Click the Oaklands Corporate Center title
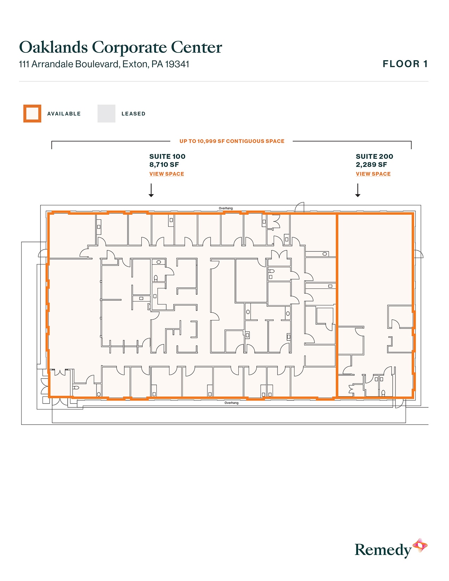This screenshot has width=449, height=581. tap(120, 48)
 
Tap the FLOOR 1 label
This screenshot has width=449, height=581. tap(405, 64)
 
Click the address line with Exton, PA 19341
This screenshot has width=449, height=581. tap(104, 64)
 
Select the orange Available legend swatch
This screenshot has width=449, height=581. tap(32, 114)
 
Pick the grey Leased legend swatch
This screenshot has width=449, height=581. tap(106, 114)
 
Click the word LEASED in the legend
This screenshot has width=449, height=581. tap(133, 114)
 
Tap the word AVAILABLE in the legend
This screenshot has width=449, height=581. tap(64, 114)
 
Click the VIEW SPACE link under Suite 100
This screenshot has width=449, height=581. tap(167, 174)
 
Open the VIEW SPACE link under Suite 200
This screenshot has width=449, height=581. tap(373, 174)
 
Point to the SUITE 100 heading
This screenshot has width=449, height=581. tap(167, 156)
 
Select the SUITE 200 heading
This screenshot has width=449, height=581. tap(374, 156)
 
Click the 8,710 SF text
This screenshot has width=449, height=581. tap(164, 165)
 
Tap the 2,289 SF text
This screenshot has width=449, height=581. tap(371, 165)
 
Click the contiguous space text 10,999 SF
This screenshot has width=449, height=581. tap(232, 141)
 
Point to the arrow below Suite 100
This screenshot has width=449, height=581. tap(151, 190)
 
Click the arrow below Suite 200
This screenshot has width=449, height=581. tap(358, 190)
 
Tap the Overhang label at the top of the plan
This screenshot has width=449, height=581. tap(226, 208)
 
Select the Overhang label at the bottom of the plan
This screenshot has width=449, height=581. tap(231, 403)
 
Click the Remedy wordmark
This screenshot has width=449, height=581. tap(383, 550)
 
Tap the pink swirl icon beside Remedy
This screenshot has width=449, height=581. tap(420, 545)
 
